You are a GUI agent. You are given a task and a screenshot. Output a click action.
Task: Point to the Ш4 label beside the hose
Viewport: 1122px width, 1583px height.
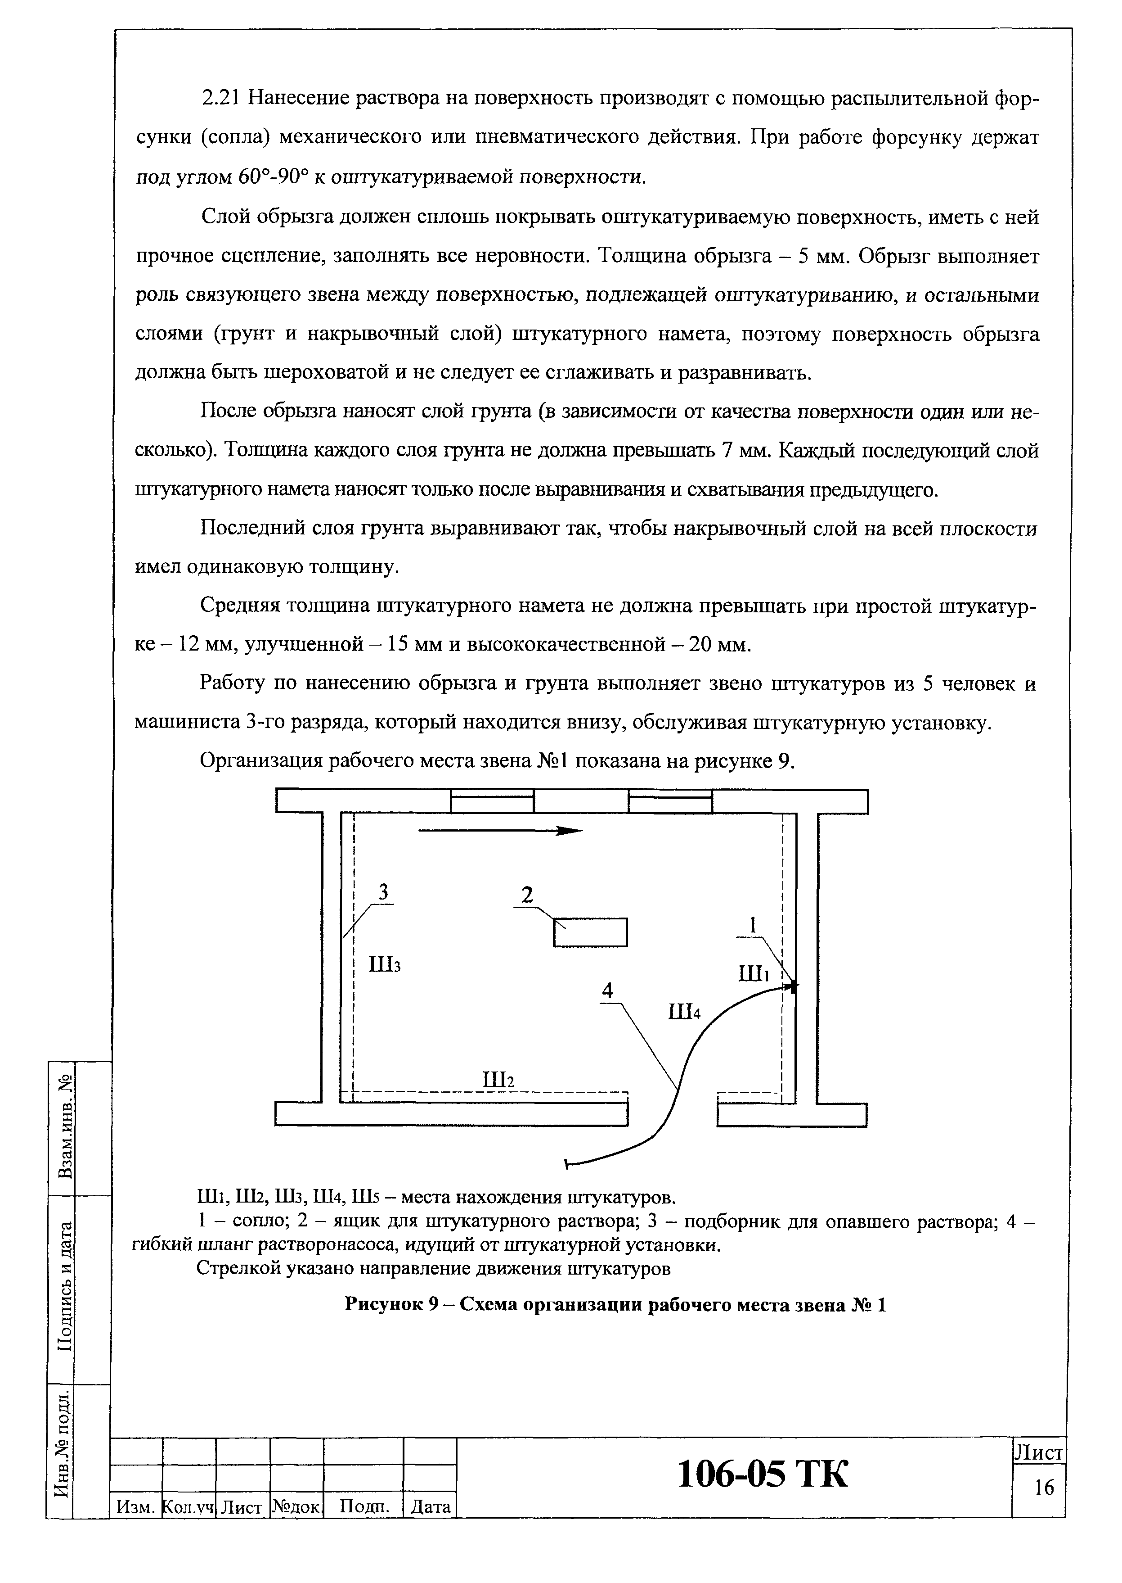click(x=685, y=1013)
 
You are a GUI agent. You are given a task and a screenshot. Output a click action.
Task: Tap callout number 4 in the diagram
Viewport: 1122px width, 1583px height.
click(x=607, y=991)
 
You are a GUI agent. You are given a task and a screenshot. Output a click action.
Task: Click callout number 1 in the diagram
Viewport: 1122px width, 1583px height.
click(x=754, y=925)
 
